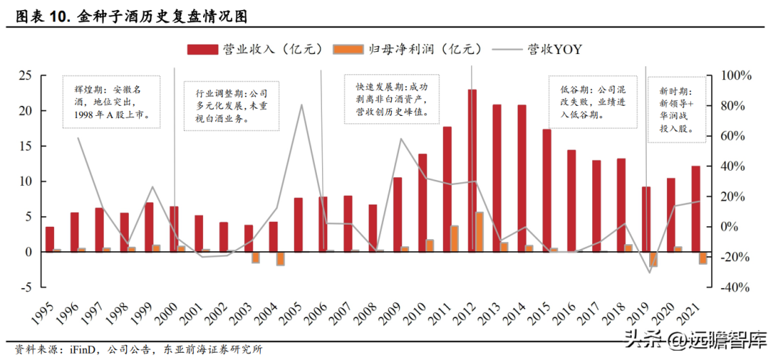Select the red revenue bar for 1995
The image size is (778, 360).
50,239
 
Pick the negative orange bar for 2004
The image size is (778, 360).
281,258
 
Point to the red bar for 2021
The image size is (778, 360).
696,209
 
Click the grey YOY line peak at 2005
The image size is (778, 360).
301,105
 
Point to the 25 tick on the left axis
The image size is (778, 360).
25,76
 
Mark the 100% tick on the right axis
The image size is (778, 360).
736,76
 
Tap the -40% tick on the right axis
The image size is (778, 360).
736,287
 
